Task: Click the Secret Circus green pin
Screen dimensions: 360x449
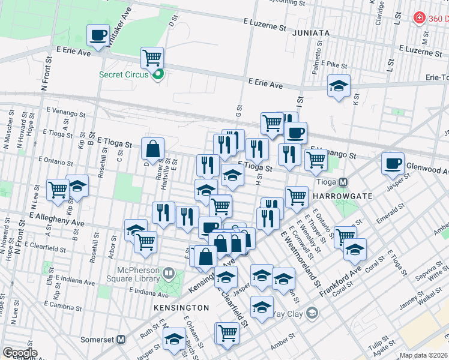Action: (158, 74)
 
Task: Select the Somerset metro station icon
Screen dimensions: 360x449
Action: (121, 339)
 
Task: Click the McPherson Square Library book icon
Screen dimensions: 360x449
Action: (169, 275)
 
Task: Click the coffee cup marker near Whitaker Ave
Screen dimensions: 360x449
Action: (98, 34)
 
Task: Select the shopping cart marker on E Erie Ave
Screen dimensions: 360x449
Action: (152, 58)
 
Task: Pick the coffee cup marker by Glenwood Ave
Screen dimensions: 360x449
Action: (393, 163)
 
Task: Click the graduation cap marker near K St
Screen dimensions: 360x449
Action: (339, 85)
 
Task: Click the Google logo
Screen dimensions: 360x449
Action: (19, 353)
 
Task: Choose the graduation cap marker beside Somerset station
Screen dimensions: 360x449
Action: (175, 338)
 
